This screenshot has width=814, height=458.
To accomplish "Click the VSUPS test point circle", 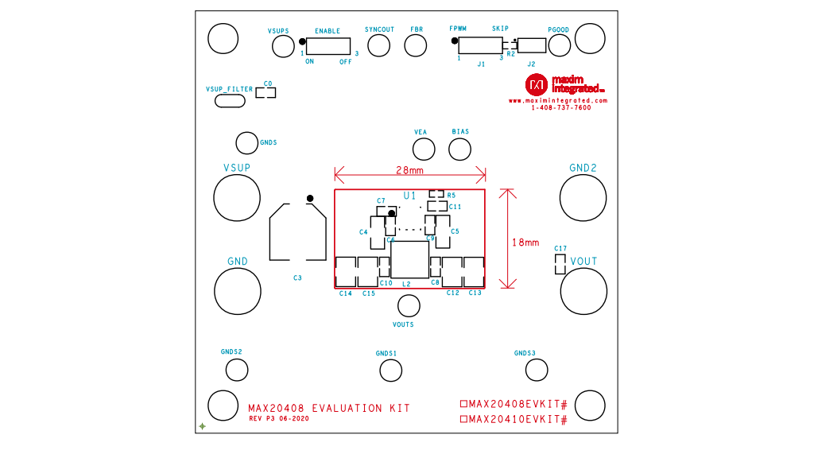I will click(283, 46).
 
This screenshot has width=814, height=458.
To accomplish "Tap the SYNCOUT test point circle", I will click(379, 45).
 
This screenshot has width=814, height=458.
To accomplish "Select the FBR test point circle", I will click(416, 45).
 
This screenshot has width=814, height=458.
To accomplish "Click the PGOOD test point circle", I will click(558, 45).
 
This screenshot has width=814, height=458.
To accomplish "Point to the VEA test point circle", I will click(423, 149).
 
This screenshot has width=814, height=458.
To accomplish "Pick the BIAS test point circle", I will click(459, 149).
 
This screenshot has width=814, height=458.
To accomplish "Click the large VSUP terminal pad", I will click(237, 198).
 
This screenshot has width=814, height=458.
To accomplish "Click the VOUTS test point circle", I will click(409, 306).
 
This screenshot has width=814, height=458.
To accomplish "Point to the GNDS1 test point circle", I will click(390, 370).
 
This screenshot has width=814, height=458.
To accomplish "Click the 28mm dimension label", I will click(409, 170).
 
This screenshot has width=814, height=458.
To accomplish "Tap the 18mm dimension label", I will click(525, 243).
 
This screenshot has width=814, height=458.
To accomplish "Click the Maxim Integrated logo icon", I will click(536, 84).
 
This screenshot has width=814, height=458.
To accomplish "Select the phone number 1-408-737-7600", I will click(561, 108).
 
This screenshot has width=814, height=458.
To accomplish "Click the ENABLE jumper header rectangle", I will click(328, 46).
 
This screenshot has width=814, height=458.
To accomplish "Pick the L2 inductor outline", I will click(409, 260).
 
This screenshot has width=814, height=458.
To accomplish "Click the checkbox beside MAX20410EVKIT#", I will click(464, 419).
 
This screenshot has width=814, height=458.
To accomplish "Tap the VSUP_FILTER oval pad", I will click(230, 101).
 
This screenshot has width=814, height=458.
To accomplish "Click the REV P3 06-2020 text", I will click(279, 418).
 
